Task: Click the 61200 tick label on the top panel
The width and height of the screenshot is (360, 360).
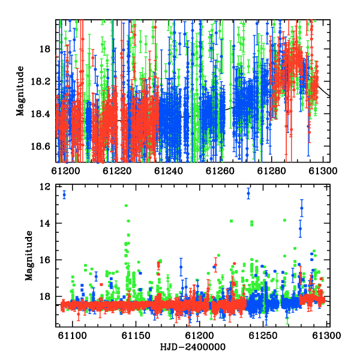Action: (65, 171)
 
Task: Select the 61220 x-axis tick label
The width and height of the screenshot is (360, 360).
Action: (117, 171)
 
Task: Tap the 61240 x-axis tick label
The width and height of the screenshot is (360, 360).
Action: (169, 171)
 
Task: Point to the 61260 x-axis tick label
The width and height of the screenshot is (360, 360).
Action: (220, 171)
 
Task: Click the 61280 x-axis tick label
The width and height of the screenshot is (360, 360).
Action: (271, 171)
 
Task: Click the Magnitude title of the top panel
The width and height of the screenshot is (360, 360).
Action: (20, 91)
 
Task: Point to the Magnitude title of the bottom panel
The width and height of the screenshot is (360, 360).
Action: (29, 256)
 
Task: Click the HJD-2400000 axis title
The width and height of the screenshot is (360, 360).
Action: (193, 347)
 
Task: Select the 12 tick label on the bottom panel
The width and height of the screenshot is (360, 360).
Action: (45, 187)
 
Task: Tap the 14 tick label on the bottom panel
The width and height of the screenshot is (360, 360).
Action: (45, 223)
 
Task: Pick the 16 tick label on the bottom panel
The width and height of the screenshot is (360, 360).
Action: (45, 260)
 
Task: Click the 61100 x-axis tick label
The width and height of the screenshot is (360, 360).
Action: (73, 335)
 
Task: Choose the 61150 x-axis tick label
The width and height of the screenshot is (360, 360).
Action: (136, 335)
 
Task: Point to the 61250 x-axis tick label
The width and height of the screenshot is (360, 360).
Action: (263, 335)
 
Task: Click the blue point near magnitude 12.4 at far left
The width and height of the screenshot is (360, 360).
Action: (64, 195)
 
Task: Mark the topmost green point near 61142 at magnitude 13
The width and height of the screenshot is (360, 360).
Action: (126, 205)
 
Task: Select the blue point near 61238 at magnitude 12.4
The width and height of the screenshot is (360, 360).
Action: (248, 193)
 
